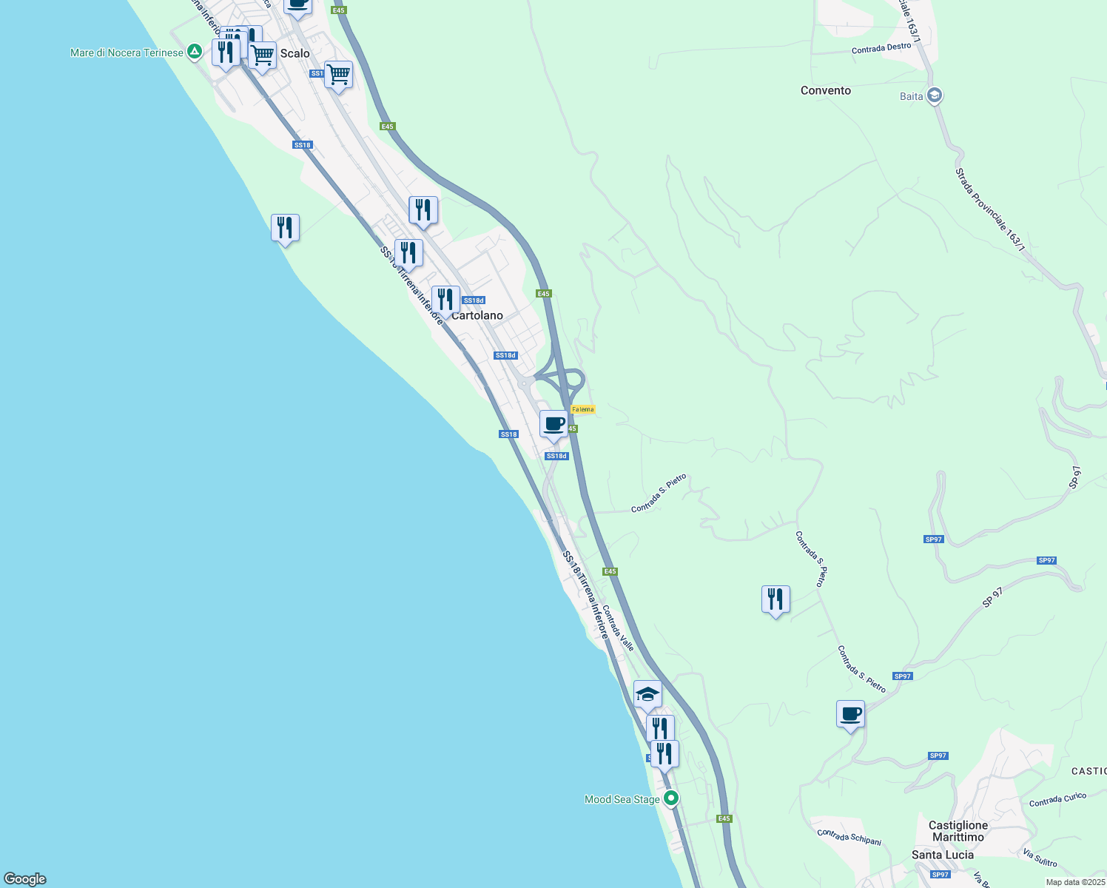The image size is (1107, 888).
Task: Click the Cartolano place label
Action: point(477,316)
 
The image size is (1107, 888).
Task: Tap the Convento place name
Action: point(826,90)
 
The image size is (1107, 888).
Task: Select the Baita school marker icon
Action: point(935,95)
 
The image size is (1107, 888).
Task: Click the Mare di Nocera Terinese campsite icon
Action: point(194,52)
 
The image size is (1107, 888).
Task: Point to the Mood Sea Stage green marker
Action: point(671,798)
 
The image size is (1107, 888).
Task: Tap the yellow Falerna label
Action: point(582,409)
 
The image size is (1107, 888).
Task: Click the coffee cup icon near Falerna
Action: point(553,425)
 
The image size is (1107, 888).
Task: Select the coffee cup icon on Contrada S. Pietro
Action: point(850,714)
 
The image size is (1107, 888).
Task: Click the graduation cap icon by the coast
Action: point(647,694)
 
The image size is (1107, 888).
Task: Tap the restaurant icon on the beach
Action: point(285,228)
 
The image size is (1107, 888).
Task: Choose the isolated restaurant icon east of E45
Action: point(775,599)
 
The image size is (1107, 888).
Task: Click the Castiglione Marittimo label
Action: point(958,831)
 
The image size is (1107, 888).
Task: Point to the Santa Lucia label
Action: point(943,855)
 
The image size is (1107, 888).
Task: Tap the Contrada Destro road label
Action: point(881,49)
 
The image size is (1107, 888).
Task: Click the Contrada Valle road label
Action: point(618,628)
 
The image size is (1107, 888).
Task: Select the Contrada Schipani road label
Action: point(849,837)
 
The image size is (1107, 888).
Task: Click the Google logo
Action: point(25,879)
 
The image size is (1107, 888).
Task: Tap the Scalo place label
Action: point(295,53)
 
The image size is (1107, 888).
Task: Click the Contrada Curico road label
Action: point(1057,800)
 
